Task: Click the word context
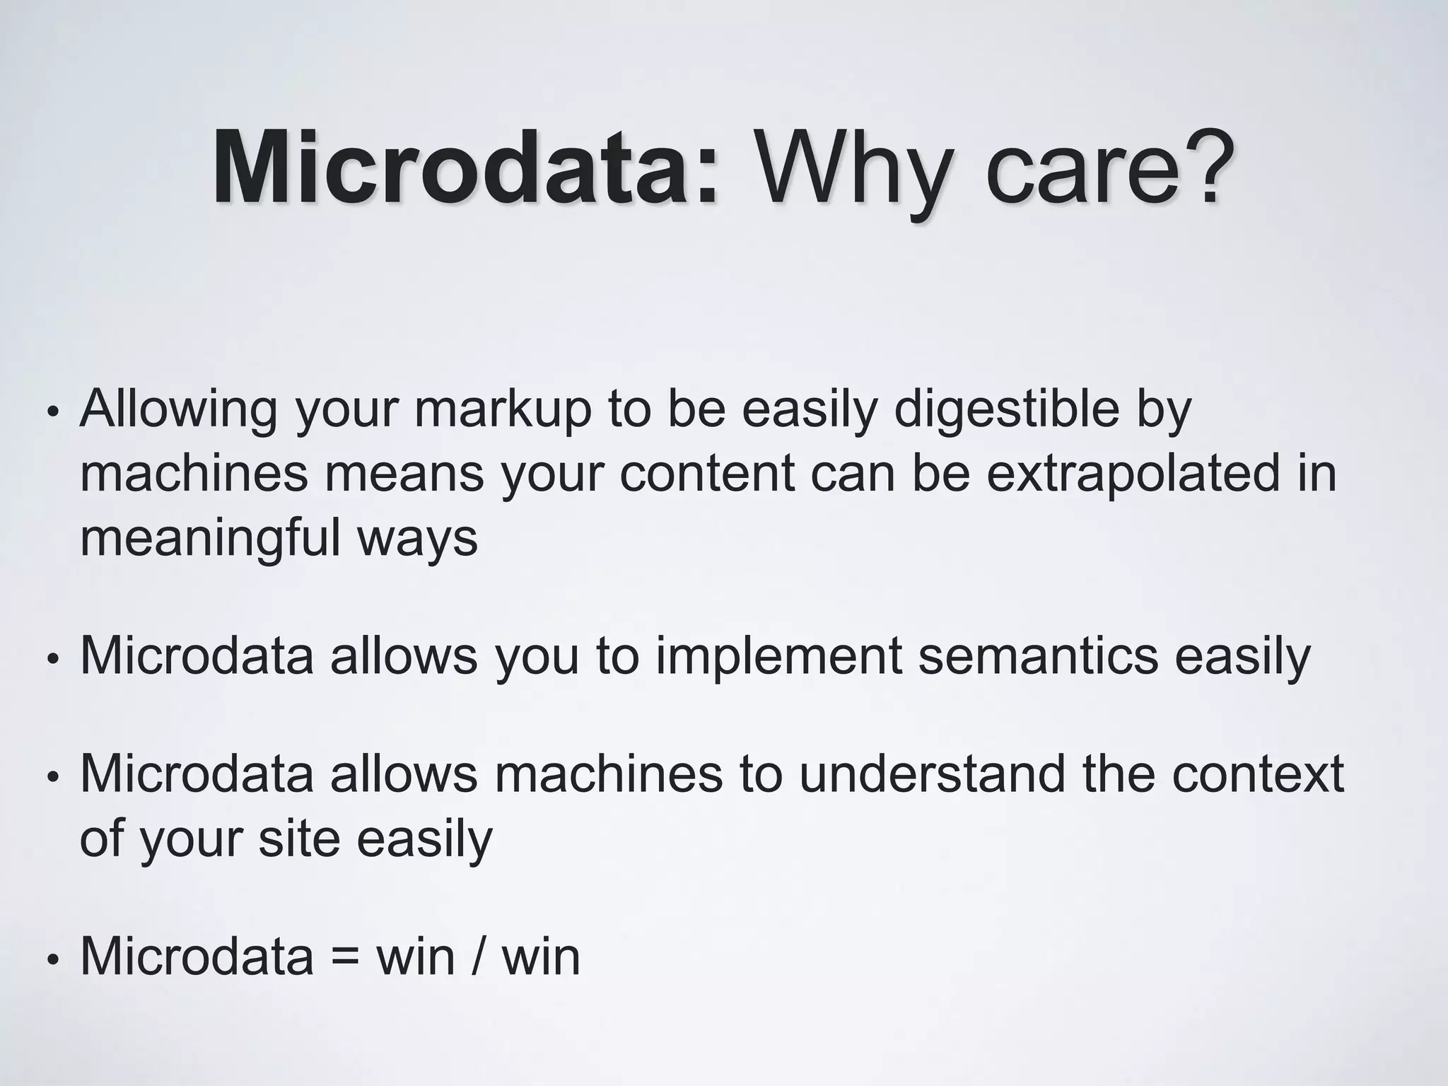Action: click(x=1258, y=773)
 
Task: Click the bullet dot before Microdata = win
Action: click(x=51, y=959)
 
